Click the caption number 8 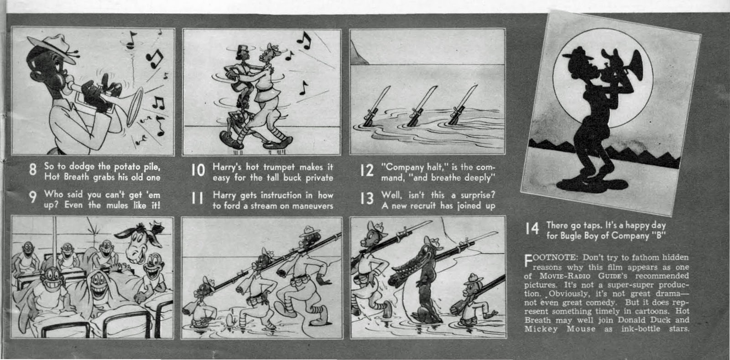(x=32, y=169)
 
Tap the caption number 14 (x=532, y=229)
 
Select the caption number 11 (x=197, y=198)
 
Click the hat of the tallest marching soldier (x=310, y=231)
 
